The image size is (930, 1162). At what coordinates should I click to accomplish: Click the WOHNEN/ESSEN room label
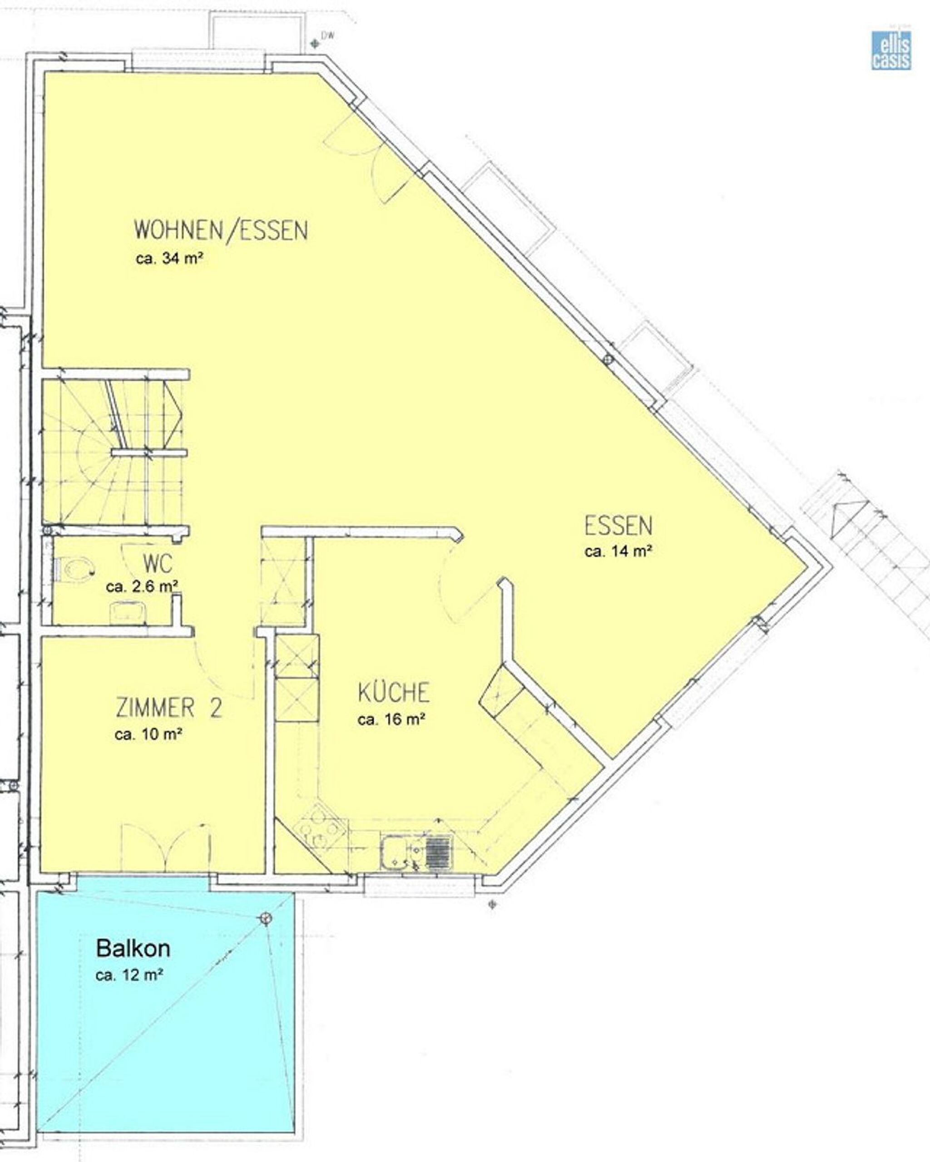221,230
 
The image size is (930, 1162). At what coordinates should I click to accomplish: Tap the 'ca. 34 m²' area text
169,259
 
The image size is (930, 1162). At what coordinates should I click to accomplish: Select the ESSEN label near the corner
618,526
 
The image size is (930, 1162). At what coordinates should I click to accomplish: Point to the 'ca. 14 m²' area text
618,551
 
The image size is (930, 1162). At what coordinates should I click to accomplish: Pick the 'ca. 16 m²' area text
392,719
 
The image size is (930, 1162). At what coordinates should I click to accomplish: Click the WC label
158,564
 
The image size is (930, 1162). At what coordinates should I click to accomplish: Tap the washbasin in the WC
129,613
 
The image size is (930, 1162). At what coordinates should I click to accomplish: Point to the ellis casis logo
891,49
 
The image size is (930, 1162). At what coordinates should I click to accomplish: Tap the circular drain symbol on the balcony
265,918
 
